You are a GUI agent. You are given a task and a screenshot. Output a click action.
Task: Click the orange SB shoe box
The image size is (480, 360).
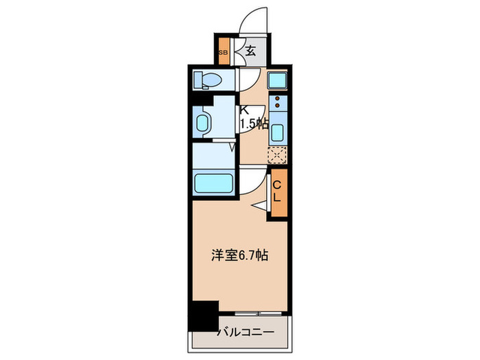223,51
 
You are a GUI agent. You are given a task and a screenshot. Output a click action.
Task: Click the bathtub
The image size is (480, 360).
214,183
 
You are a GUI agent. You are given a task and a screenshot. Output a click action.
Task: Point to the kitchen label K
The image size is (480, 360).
243,110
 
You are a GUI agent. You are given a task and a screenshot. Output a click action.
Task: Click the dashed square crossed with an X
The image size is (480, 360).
277,155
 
